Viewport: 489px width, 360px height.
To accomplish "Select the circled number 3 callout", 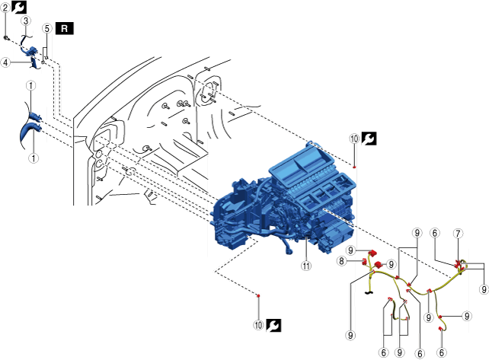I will [26, 21].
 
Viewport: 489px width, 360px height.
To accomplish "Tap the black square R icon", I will [66, 28].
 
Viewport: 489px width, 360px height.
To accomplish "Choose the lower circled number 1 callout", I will [33, 158].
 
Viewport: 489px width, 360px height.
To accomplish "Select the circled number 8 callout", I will [344, 261].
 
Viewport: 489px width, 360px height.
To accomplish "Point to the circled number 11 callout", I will [306, 266].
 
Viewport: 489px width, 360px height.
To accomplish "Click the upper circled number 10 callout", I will [353, 139].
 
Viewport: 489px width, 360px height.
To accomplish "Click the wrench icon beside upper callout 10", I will [369, 139].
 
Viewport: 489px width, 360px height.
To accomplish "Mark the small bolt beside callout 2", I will [6, 36].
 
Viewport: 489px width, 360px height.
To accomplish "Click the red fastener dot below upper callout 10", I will [354, 164].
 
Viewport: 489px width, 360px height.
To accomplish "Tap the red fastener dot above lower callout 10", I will [259, 295].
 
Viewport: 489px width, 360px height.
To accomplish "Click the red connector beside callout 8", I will [365, 262].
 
